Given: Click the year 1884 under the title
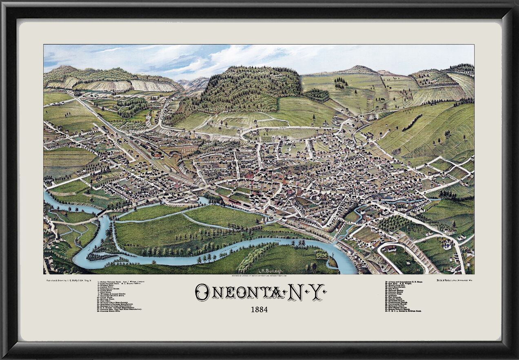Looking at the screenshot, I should [x=259, y=309].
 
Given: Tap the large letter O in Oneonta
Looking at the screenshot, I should [x=202, y=292].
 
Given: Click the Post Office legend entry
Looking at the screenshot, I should [x=107, y=300].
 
